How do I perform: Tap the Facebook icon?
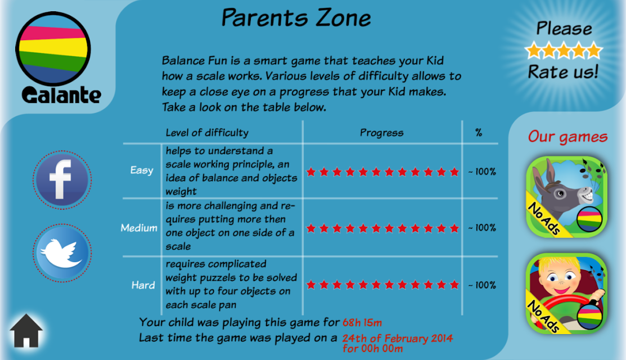[x=62, y=179]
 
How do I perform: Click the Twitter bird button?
[x=62, y=253]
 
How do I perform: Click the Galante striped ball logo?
[x=53, y=49]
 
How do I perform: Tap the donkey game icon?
[x=566, y=197]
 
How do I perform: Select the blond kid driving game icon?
[x=566, y=294]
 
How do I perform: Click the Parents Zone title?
[x=296, y=18]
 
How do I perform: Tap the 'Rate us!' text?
[x=564, y=72]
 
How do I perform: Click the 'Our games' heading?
[x=568, y=137]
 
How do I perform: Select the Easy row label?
[x=142, y=170]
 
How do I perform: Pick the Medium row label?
[x=139, y=228]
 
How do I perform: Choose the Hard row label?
[x=143, y=285]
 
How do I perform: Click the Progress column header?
[x=382, y=133]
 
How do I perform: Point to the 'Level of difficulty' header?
[x=207, y=133]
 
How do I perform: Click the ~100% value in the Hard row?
[x=482, y=285]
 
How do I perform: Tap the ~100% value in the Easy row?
[x=482, y=172]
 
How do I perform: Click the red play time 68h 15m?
[x=362, y=322]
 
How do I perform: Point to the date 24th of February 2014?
[x=398, y=339]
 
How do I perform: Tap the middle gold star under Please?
[x=564, y=50]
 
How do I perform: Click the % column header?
[x=479, y=133]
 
